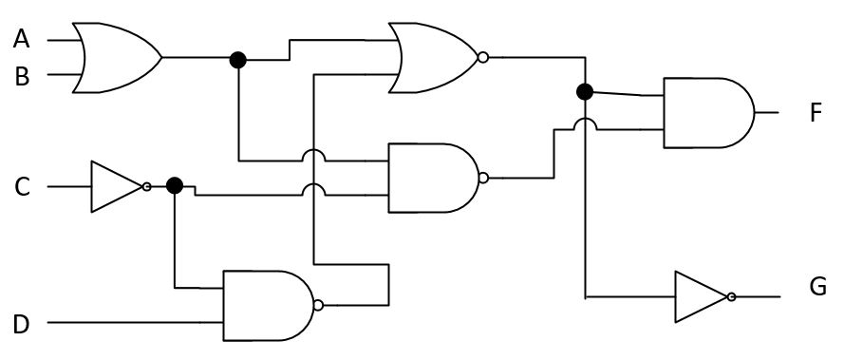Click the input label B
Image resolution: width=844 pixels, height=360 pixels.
tap(21, 76)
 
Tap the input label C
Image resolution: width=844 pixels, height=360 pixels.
tap(21, 187)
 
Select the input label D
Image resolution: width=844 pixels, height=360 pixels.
tap(21, 324)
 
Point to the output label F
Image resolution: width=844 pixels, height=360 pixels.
tap(816, 113)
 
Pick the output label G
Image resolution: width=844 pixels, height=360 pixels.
tap(817, 286)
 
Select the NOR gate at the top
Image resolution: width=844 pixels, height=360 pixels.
tap(432, 58)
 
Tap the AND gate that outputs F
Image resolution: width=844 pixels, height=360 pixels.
tap(707, 112)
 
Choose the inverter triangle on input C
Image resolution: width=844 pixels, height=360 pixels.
tap(116, 186)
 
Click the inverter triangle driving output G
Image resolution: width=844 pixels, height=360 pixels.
tap(702, 297)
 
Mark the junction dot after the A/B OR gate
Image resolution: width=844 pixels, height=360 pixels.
tap(238, 59)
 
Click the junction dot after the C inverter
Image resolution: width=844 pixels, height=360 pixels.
tap(174, 185)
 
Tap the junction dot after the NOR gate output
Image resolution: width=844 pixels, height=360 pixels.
tap(585, 92)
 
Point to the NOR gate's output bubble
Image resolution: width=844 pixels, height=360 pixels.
tap(483, 58)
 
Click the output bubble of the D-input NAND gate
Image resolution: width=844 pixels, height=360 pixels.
tap(318, 305)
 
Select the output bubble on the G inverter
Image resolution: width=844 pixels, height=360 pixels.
tap(731, 297)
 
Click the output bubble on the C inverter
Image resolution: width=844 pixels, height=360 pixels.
tap(146, 186)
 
